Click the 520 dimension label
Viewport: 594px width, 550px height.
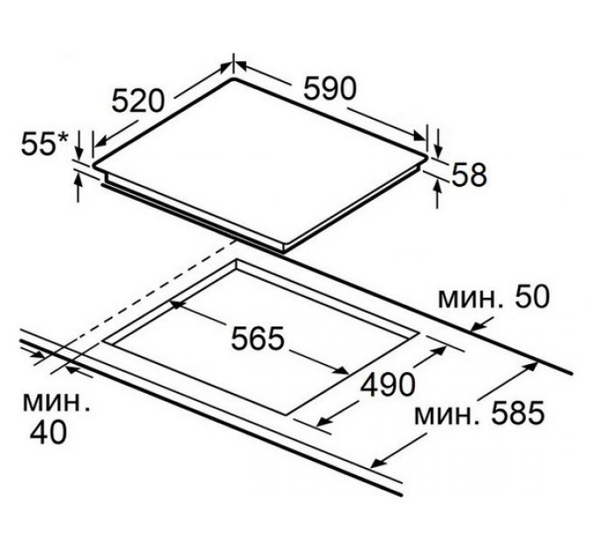coord(139,100)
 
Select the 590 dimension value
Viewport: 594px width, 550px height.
coord(330,88)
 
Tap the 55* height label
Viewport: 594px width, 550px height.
coord(44,143)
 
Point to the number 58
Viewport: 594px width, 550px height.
coord(469,175)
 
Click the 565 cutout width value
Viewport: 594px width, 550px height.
coord(257,338)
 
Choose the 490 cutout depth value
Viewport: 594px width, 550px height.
coord(388,384)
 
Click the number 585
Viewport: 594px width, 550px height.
coord(518,413)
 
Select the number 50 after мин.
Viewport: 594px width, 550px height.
coord(531,296)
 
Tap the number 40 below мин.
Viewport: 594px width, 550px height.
coord(48,433)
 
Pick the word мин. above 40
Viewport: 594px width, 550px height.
coord(57,402)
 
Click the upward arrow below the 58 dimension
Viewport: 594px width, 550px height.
coord(438,194)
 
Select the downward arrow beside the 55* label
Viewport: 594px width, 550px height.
coord(79,145)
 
